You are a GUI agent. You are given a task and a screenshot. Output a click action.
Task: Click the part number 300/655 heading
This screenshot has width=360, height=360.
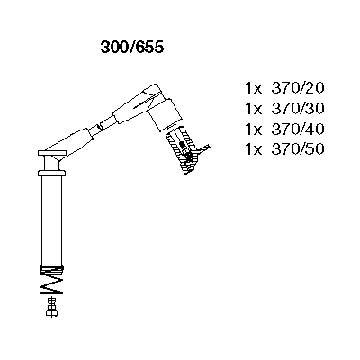pos(132,48)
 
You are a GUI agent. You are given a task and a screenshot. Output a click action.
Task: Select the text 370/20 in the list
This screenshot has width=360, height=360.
pos(298,88)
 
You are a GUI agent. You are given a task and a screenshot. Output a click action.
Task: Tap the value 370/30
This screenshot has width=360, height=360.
pos(298,109)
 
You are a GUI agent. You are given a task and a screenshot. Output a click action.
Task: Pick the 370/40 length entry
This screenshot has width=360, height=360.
pos(298,129)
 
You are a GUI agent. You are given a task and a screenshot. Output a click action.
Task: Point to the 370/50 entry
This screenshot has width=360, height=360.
pos(298,149)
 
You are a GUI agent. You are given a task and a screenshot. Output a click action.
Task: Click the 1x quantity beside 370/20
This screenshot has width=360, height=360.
pos(254,88)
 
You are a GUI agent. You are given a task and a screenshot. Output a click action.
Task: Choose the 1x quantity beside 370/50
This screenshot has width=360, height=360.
pos(254,149)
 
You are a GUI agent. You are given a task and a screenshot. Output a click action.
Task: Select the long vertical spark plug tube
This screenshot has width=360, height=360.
pos(51,220)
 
